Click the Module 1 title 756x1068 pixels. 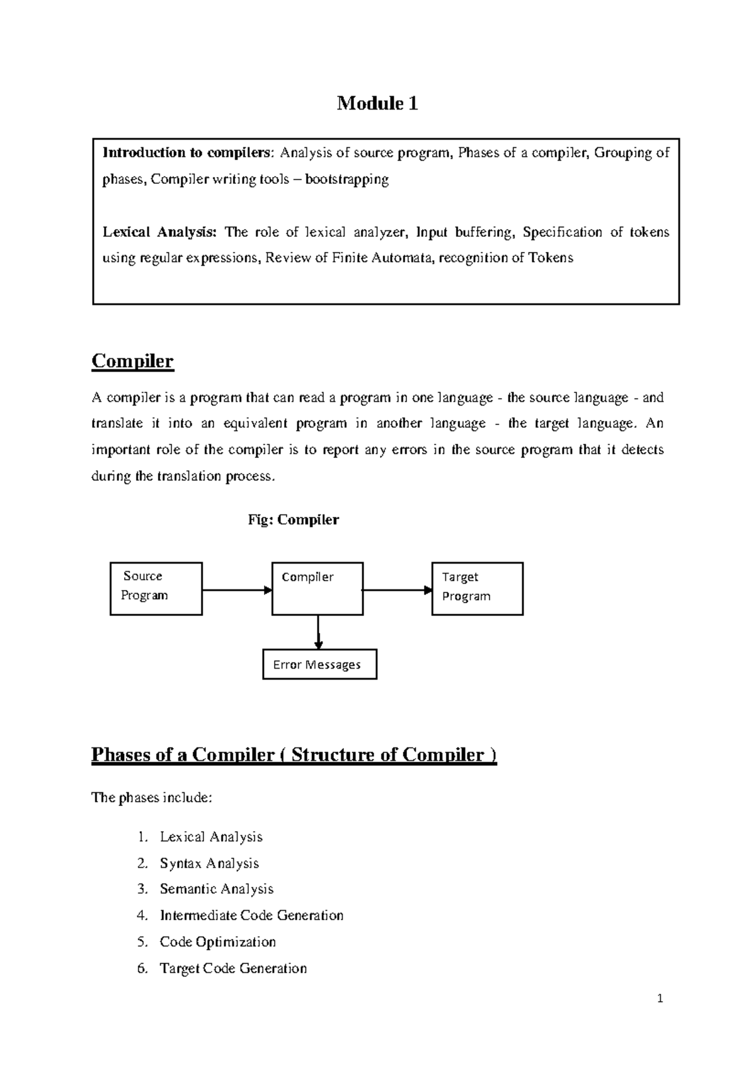coord(377,103)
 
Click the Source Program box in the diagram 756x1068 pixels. coord(156,588)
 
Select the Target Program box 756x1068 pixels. coord(477,588)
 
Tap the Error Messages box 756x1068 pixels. coord(319,664)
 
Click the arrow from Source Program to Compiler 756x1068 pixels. coord(236,590)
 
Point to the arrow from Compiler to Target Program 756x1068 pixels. coord(397,590)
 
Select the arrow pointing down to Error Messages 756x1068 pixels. coord(318,632)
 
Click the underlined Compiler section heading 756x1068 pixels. coord(132,361)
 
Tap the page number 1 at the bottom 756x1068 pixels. coord(660,998)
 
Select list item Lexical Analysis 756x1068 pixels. coord(210,837)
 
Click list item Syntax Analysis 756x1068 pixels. coord(209,863)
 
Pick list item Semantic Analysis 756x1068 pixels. coord(216,889)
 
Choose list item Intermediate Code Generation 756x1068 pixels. coord(251,916)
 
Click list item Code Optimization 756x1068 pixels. coord(217,942)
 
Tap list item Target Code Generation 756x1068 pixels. coord(233,969)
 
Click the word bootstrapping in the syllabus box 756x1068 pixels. coord(347,179)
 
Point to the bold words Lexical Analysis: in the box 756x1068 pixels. coord(159,232)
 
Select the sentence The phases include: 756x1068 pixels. coord(152,798)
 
